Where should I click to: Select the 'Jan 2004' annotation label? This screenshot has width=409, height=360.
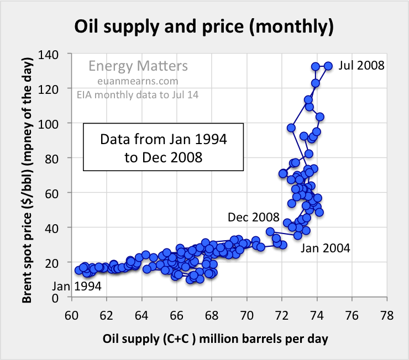click(x=325, y=248)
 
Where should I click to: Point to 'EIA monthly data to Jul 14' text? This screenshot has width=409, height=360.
click(x=138, y=96)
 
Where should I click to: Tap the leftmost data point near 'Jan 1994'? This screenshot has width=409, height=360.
click(x=79, y=271)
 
